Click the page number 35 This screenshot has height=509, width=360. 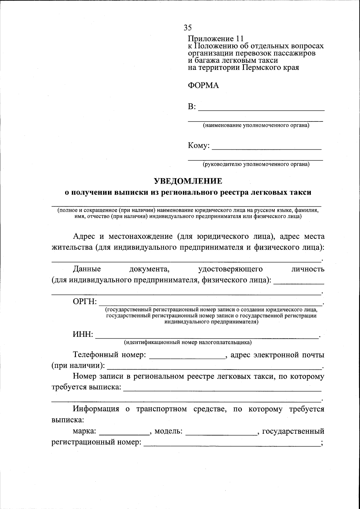[x=187, y=28]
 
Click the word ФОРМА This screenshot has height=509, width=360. [x=203, y=85]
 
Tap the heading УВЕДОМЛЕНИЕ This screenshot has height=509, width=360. [x=188, y=181]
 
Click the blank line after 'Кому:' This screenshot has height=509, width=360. [x=267, y=146]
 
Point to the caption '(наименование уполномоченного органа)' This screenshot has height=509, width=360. [x=256, y=125]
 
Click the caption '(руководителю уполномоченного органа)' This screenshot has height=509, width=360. [x=256, y=164]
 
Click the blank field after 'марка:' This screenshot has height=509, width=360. [x=124, y=432]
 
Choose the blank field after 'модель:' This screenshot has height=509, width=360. [x=221, y=432]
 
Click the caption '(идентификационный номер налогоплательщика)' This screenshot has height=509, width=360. [x=188, y=342]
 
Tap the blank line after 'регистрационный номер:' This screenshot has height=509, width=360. [x=232, y=443]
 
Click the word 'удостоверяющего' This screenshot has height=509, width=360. [x=230, y=269]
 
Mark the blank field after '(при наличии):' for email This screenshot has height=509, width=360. [x=214, y=366]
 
